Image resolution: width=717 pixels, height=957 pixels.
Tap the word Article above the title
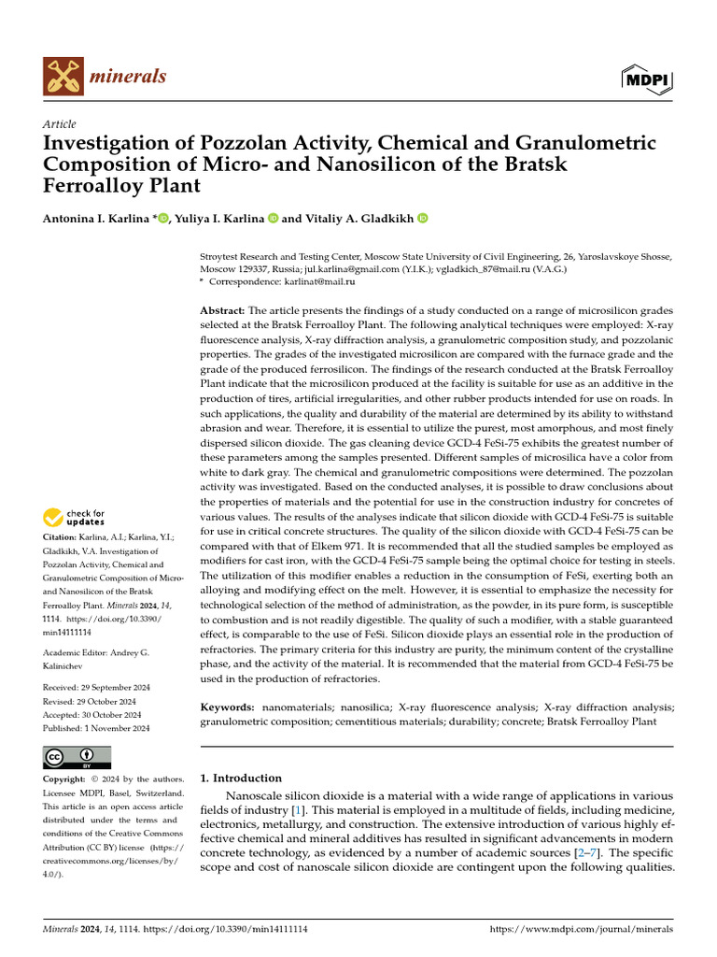[60, 124]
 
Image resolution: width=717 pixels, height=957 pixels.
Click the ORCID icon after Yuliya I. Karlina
[274, 219]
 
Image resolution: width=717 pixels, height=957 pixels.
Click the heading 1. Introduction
[241, 778]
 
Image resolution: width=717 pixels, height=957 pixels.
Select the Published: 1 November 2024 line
[96, 727]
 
